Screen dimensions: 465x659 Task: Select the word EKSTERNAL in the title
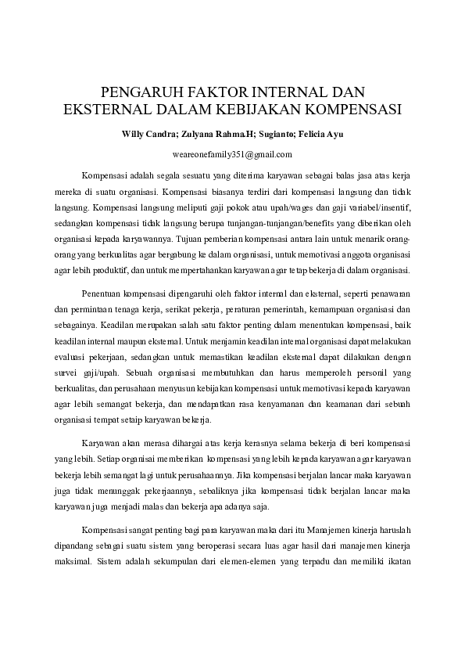pyautogui.click(x=107, y=109)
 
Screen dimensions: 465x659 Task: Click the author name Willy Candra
pyautogui.click(x=146, y=134)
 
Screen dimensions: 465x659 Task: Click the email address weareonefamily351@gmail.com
pyautogui.click(x=232, y=154)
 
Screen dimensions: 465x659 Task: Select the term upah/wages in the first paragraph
pyautogui.click(x=266, y=207)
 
